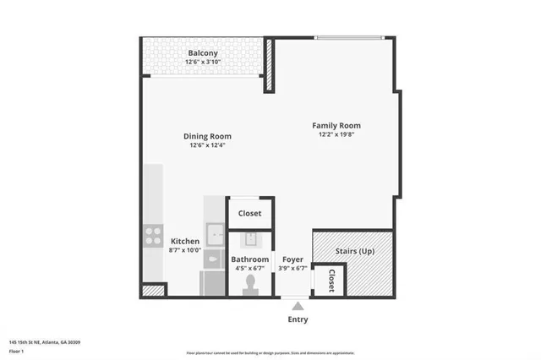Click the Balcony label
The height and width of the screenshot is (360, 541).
[203, 53]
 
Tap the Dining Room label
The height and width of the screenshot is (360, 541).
[207, 136]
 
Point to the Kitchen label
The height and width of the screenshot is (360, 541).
[185, 241]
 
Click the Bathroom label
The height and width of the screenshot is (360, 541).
[250, 259]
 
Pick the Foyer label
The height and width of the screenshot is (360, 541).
[292, 259]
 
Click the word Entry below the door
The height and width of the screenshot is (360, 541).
[298, 319]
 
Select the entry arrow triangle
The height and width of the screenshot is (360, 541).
[297, 305]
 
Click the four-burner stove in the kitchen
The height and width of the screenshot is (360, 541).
[153, 235]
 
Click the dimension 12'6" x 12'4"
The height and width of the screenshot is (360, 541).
[207, 145]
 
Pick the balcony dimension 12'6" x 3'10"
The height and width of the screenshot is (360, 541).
[203, 63]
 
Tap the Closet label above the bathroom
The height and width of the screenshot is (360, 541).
[249, 214]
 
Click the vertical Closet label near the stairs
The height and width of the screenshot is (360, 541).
[331, 280]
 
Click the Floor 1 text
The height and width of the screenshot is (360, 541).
[17, 350]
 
